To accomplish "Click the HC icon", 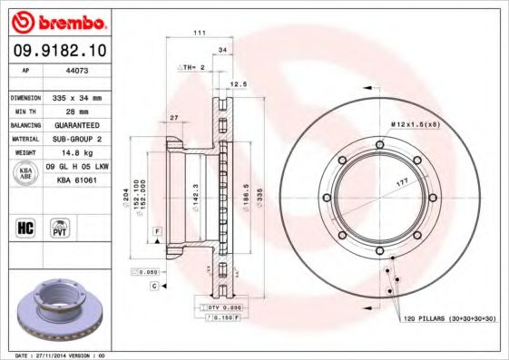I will (x=26, y=227).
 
